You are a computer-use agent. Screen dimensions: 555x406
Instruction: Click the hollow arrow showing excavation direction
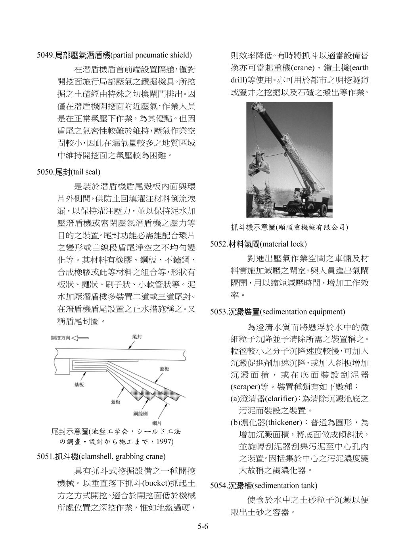(x=80, y=338)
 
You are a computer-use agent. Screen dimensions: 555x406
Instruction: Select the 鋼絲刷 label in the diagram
(x=140, y=413)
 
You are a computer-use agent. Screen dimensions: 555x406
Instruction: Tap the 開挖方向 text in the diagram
(x=60, y=338)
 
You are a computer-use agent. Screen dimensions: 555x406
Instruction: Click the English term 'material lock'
(x=284, y=243)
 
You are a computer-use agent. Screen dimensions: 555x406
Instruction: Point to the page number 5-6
(x=203, y=527)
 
